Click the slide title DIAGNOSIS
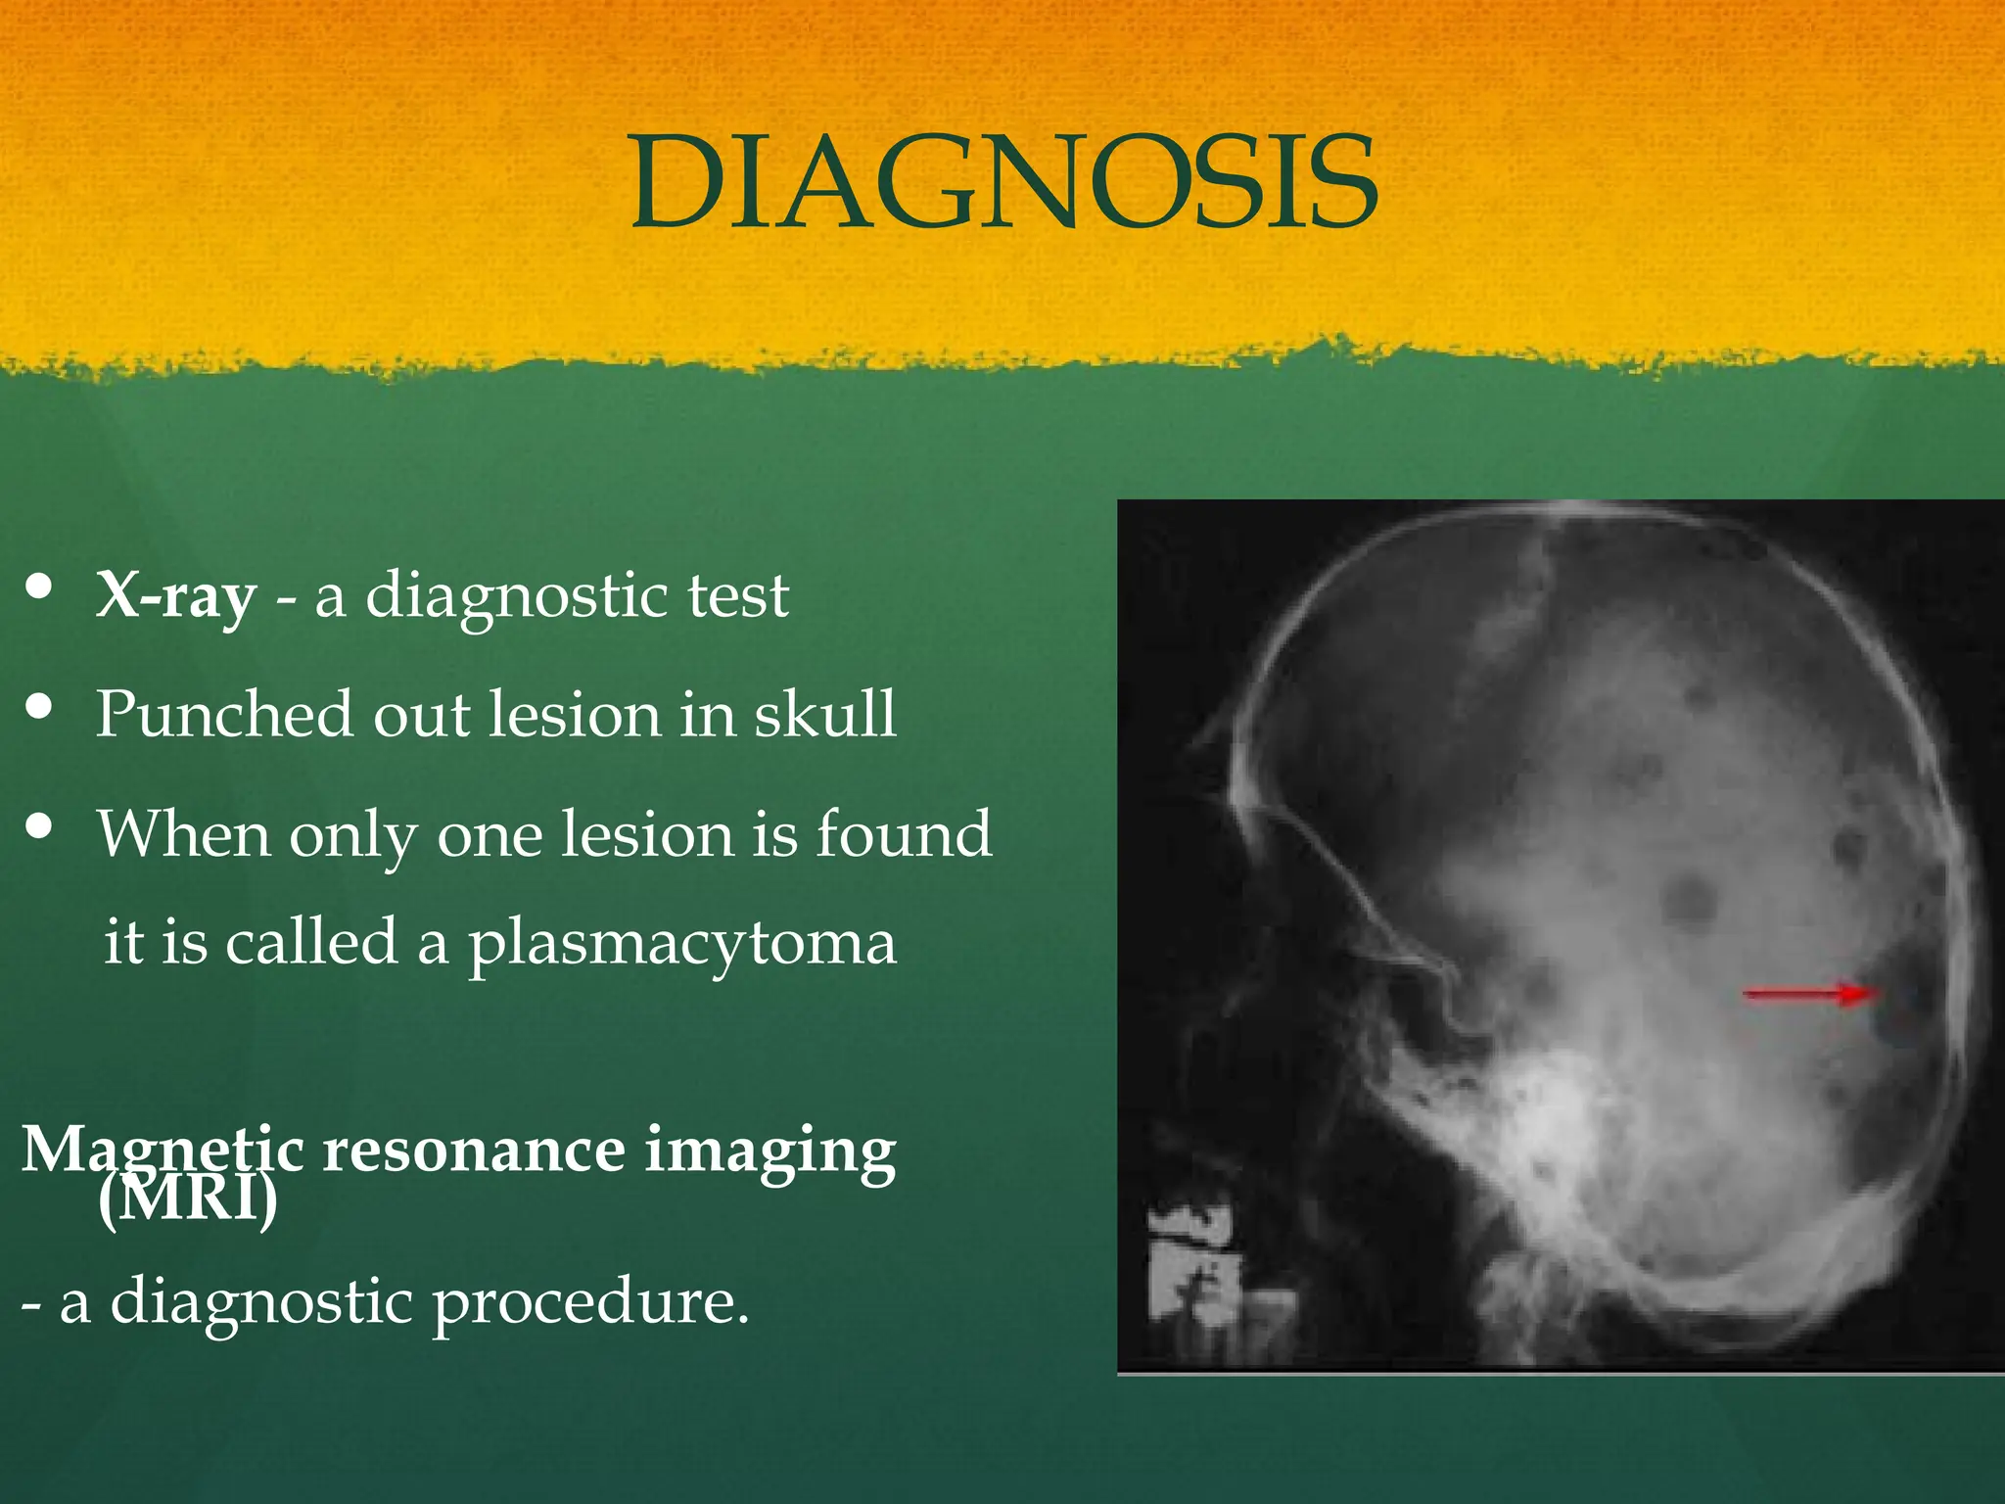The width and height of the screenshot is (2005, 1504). pyautogui.click(x=1002, y=183)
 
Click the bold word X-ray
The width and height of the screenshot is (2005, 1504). pyautogui.click(x=176, y=595)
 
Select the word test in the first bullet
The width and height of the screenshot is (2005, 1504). pyautogui.click(x=737, y=595)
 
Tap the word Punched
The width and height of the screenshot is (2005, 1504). pyautogui.click(x=223, y=715)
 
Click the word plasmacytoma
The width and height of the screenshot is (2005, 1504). pyautogui.click(x=681, y=943)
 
